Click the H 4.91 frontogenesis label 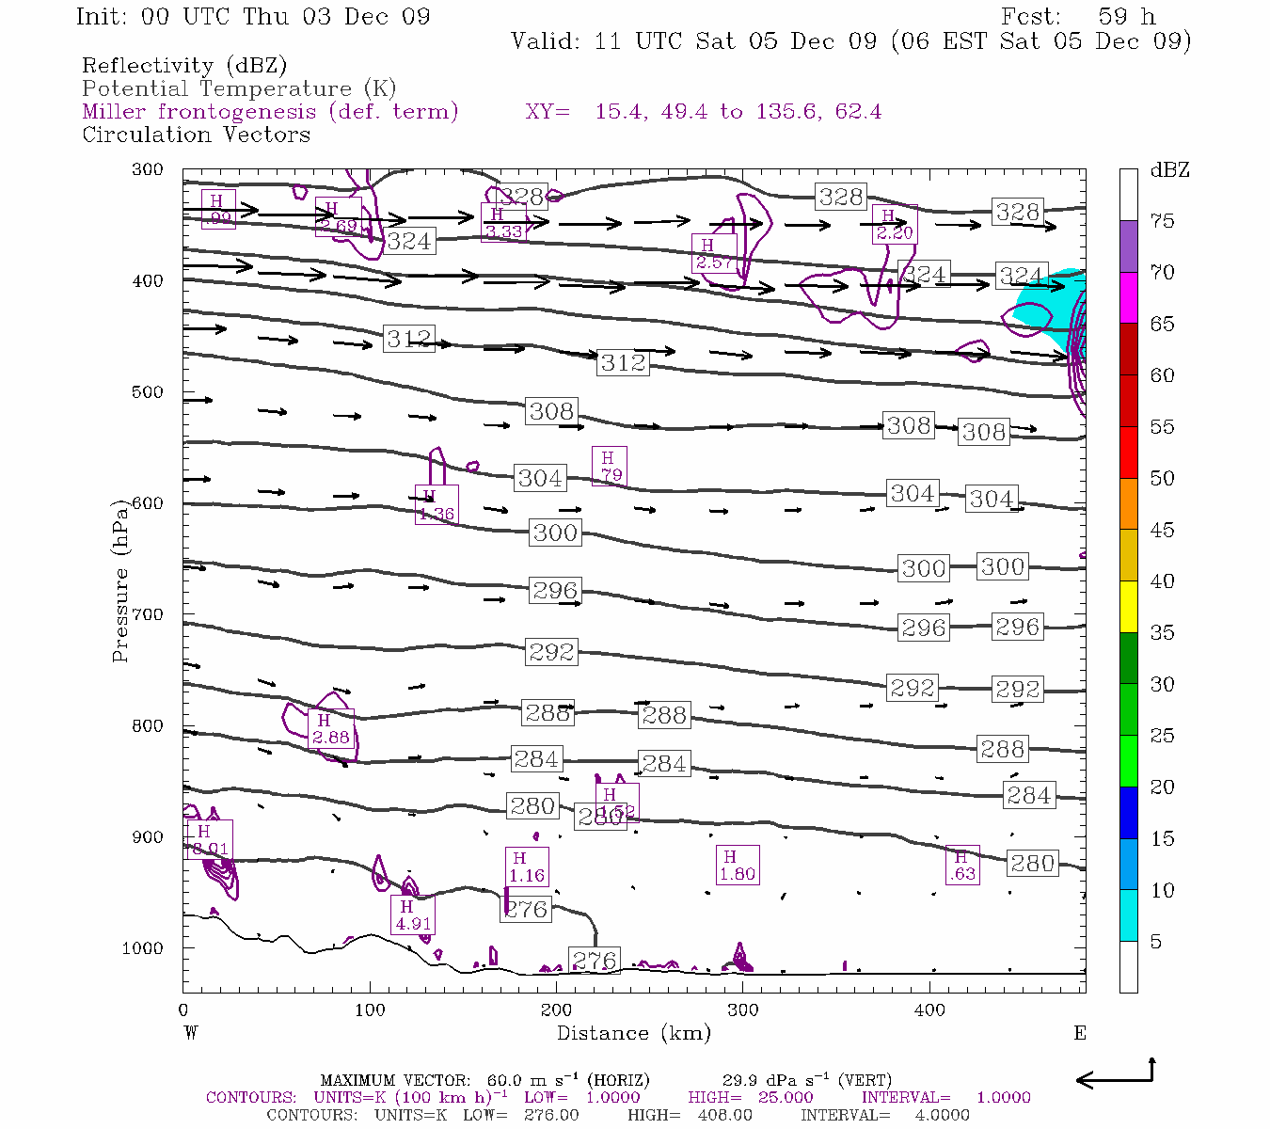[413, 914]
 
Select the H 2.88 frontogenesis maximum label [330, 729]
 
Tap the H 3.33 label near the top [502, 223]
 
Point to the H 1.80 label [737, 866]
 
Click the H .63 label [961, 866]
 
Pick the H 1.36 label [436, 505]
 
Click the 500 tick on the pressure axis [148, 392]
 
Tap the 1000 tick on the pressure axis [143, 948]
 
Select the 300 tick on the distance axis [743, 1010]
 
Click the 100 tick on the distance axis [370, 1010]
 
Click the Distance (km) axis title [633, 1033]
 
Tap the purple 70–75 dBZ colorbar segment [1128, 246]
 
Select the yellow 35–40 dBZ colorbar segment [1128, 607]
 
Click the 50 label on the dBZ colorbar [1162, 479]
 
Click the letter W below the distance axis [191, 1033]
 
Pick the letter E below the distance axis [1080, 1033]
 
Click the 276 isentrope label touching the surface [595, 961]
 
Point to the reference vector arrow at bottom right [1115, 1077]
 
